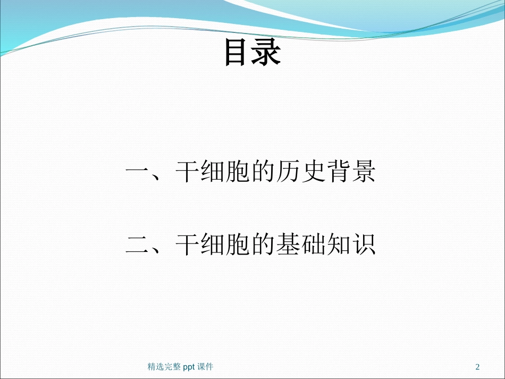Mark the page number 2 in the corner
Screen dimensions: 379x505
(x=477, y=367)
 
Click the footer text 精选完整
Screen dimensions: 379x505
(x=164, y=367)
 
